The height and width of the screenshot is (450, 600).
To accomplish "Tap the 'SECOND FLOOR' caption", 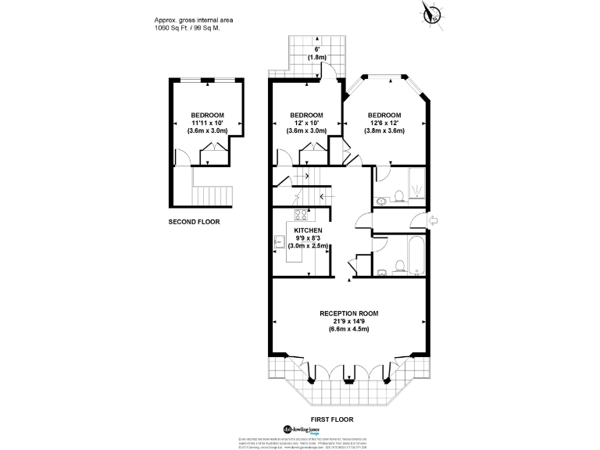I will coord(194,222).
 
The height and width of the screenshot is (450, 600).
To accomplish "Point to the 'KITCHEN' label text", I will coord(307,230).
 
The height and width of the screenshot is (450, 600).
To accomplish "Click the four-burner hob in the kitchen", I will coord(300,215).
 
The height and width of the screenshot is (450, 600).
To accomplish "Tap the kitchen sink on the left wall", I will coord(279,243).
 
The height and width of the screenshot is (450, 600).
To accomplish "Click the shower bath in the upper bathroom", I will coord(413,184).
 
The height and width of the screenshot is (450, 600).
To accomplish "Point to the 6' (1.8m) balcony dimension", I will coord(316,52).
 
